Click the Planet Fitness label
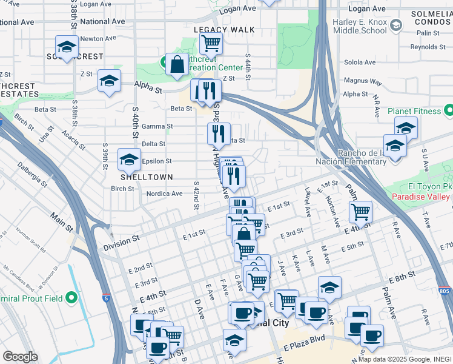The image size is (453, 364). [x=414, y=111]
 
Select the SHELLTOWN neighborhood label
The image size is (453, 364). [x=147, y=177]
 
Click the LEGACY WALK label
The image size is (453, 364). [x=224, y=30]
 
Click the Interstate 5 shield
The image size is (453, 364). [x=107, y=298]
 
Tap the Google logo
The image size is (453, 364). [x=20, y=357]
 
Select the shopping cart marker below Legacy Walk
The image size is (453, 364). [x=211, y=44]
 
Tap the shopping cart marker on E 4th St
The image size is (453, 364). [x=360, y=212]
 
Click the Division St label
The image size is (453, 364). [x=121, y=243]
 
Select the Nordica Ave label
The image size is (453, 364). [x=164, y=194]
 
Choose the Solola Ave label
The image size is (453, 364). [x=360, y=62]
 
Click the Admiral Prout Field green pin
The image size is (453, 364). [x=71, y=297]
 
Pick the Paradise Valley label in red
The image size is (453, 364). [x=421, y=197]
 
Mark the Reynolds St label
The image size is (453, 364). [x=428, y=47]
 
